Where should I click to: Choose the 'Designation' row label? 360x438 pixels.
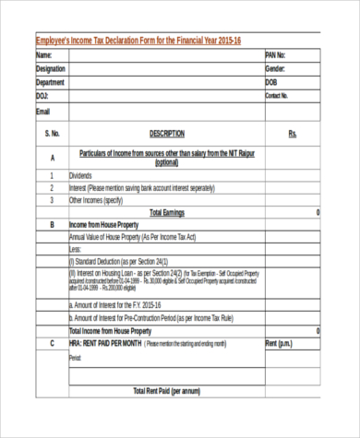pyautogui.click(x=51, y=69)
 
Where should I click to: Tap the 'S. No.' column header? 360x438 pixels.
pyautogui.click(x=52, y=134)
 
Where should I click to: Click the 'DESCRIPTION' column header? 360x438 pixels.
pyautogui.click(x=166, y=134)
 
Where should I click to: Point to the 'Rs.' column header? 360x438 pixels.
pyautogui.click(x=293, y=134)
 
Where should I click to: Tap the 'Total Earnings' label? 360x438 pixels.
pyautogui.click(x=167, y=212)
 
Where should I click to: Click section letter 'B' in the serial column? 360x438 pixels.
pyautogui.click(x=52, y=225)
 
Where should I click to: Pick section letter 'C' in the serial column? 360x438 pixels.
pyautogui.click(x=52, y=344)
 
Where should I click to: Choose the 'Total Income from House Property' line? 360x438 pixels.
pyautogui.click(x=111, y=331)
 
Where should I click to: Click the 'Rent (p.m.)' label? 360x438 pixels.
pyautogui.click(x=280, y=344)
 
